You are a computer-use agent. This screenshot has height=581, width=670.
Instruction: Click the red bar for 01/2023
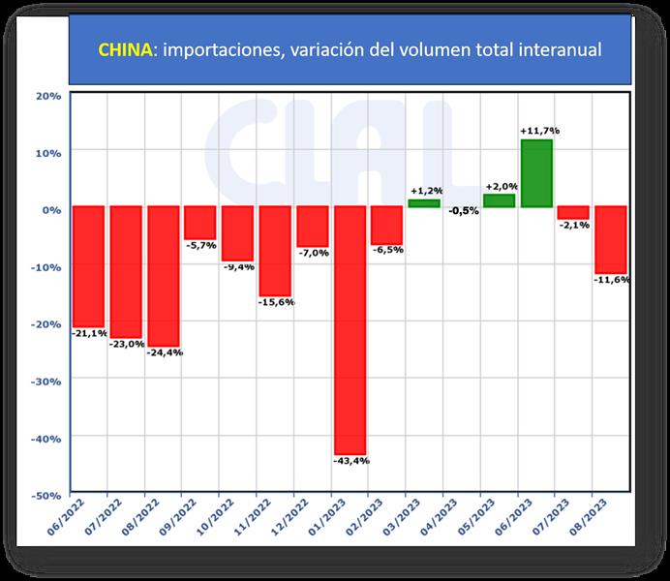tap(350, 329)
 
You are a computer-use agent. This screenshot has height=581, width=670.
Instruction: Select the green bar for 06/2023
tap(536, 173)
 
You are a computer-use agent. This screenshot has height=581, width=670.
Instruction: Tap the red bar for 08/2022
tap(163, 276)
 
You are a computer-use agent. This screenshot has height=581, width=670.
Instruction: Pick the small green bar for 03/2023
tap(424, 202)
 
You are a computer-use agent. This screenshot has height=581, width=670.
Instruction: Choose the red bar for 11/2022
tap(274, 251)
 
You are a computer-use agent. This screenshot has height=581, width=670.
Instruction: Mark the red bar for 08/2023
tap(611, 239)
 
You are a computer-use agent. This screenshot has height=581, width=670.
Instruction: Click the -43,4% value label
tap(350, 461)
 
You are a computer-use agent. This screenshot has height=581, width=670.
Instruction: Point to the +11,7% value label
tap(539, 131)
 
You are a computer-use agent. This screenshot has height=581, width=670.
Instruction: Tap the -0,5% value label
tap(464, 211)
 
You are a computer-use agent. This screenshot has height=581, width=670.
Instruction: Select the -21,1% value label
tap(88, 333)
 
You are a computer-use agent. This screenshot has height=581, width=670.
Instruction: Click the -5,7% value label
tap(200, 245)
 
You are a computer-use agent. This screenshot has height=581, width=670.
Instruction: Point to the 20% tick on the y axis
tap(47, 95)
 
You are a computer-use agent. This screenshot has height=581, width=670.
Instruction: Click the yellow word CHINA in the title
tap(127, 49)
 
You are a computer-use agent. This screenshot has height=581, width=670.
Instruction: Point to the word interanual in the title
tap(555, 49)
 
